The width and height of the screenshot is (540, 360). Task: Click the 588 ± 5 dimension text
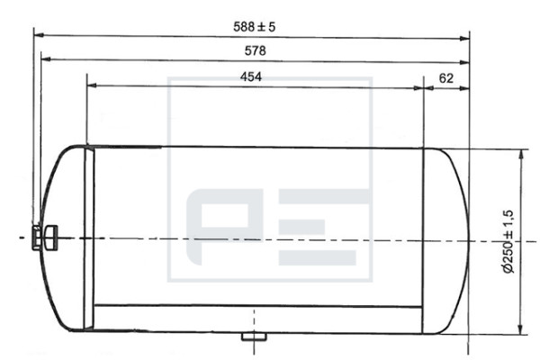(x=255, y=26)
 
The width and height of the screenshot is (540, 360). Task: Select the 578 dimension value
(x=256, y=50)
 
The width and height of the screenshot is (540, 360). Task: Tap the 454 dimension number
(x=251, y=76)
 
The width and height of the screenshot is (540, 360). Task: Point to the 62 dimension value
(x=446, y=78)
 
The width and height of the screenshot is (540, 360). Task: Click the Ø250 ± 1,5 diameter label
(x=508, y=241)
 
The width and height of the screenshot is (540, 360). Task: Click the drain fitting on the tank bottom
(x=254, y=337)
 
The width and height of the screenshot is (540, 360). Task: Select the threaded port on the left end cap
(x=44, y=237)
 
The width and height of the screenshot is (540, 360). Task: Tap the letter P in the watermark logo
(x=224, y=226)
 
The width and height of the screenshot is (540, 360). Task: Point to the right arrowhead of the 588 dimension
(x=465, y=38)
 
